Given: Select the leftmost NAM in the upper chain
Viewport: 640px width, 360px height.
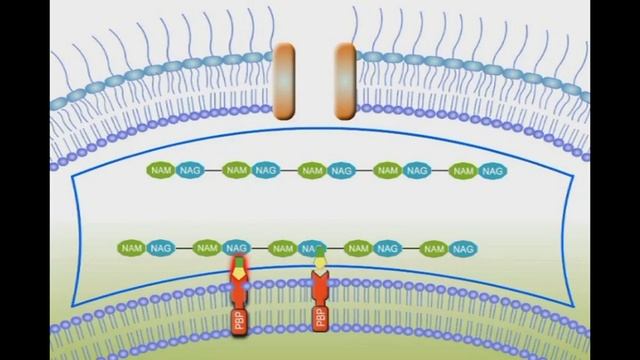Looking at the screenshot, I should coord(161,171).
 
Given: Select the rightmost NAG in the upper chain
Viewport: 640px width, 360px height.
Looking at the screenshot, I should coord(492,171).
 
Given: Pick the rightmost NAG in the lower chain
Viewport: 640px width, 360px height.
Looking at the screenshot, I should coord(461,247).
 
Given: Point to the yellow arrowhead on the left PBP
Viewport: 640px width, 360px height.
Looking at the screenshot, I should coord(239,270).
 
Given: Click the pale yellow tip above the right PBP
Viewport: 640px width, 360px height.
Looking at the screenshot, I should coord(320,263).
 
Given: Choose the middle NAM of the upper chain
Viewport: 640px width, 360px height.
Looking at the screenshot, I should coord(312,171).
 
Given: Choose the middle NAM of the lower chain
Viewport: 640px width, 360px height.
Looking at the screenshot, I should coord(283,247).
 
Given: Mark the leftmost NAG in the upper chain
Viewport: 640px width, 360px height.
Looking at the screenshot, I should coord(190,171).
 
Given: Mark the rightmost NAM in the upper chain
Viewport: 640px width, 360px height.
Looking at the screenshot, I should coord(463,171).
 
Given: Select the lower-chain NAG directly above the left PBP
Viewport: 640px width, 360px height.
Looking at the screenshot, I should coord(237,247).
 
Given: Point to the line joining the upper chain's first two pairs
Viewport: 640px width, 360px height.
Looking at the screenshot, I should coord(212,171).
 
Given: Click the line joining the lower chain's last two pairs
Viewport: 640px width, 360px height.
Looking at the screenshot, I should coord(409,247).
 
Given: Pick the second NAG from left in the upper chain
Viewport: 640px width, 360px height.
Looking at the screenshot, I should coord(265,171).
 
